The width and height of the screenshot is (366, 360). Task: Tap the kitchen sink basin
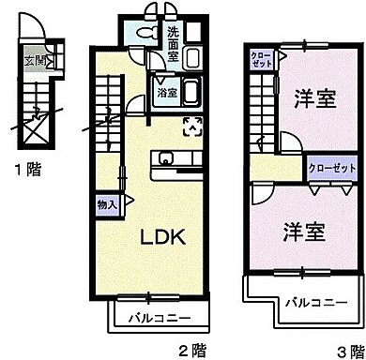click(x=166, y=157)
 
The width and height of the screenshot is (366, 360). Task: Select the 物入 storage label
click(x=107, y=203)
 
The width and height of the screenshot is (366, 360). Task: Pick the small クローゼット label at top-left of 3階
click(x=261, y=62)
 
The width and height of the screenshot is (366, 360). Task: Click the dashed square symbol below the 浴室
click(x=191, y=125)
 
